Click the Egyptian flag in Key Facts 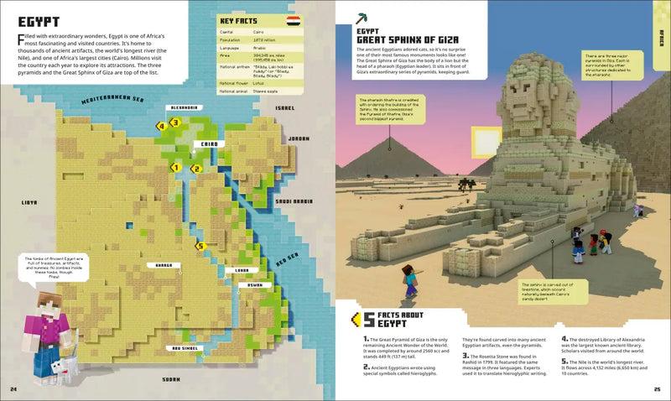294,19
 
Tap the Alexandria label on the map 184,107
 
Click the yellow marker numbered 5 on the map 199,246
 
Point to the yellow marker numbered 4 160,126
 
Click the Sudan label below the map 172,378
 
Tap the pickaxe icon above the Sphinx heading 362,17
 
